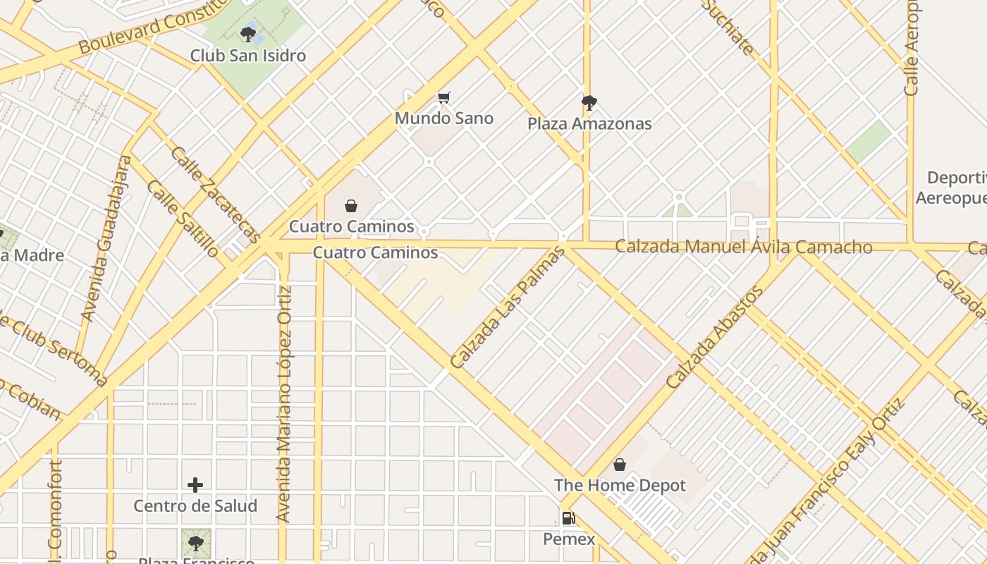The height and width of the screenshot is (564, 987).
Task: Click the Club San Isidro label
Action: pos(248,56)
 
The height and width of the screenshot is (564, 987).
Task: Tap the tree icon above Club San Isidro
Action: pos(248,33)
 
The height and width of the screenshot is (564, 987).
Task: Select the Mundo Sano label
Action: pos(443,118)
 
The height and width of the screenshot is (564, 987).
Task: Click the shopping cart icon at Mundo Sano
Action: pos(443,97)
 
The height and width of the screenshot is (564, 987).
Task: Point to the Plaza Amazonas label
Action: pos(589,123)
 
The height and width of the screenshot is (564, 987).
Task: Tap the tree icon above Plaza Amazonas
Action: pos(589,103)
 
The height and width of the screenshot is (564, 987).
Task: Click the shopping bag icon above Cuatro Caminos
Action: pos(350,206)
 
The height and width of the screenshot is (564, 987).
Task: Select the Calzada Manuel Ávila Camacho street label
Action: pos(744,247)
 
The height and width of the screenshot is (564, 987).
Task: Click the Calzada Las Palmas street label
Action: pos(508,307)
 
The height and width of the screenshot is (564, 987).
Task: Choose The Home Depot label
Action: pos(620,485)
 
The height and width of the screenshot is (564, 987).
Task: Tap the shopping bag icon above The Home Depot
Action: pos(620,465)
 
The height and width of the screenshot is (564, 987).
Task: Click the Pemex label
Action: pos(569,539)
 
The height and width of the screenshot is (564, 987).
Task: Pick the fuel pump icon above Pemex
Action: pos(568,519)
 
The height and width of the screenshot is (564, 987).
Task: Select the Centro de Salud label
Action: pos(195,505)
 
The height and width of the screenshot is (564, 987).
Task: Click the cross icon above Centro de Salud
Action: pos(195,485)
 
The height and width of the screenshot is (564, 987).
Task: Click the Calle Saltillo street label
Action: pos(183,219)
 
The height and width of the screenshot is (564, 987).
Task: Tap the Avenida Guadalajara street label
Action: pos(106,238)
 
